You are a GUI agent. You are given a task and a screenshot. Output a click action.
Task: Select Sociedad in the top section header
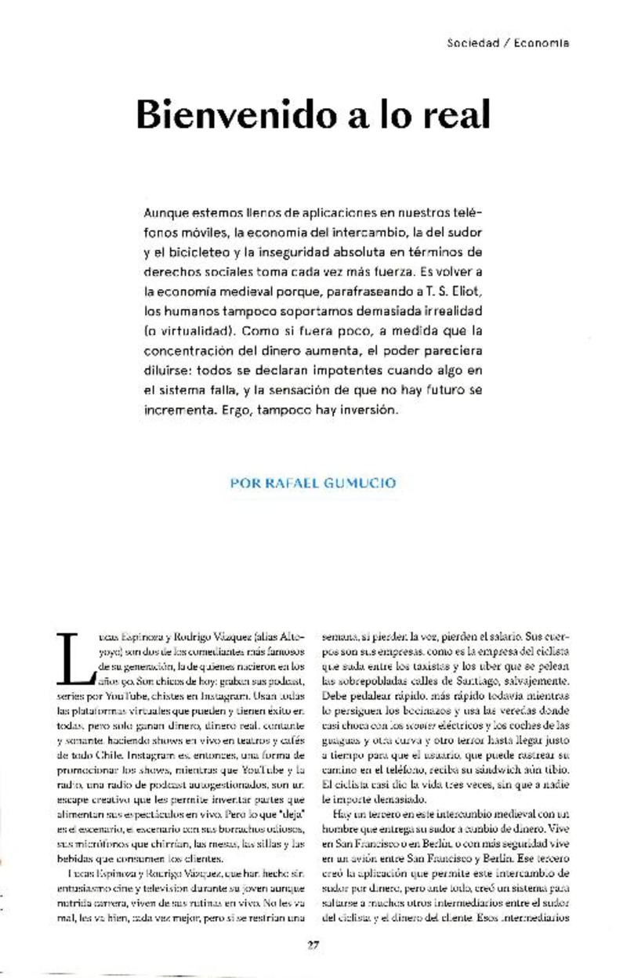click(473, 43)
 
